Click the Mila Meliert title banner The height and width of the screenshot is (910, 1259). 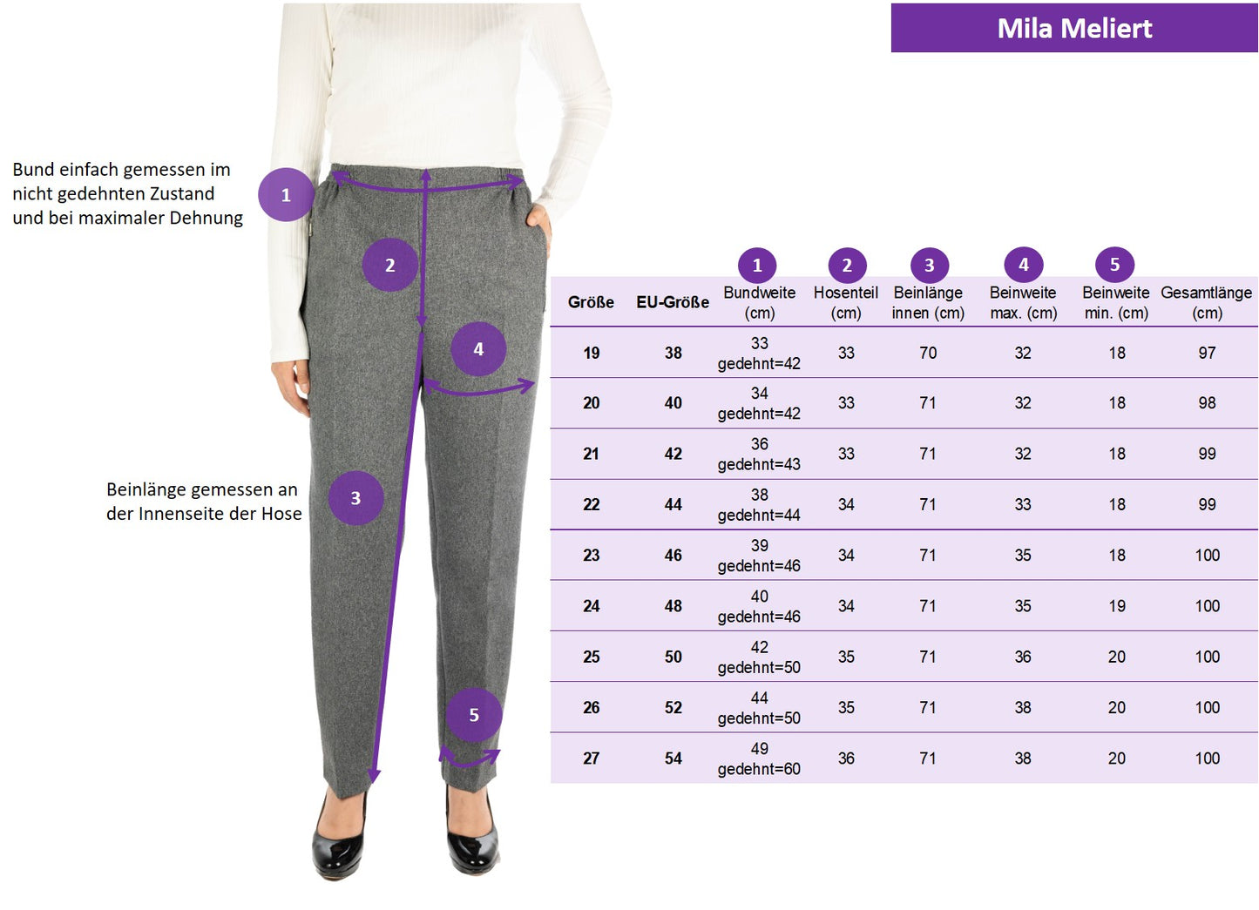[1074, 28]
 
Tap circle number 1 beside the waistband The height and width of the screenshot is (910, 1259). [286, 195]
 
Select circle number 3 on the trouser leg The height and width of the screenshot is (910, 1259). [355, 498]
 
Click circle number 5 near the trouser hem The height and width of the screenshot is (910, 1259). [474, 715]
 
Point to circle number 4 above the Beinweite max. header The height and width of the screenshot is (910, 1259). [1024, 265]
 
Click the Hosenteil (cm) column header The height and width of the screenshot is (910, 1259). [846, 302]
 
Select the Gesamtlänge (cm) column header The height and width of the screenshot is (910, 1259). [1207, 302]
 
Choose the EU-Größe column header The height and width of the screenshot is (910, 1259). [673, 302]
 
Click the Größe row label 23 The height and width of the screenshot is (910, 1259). [592, 555]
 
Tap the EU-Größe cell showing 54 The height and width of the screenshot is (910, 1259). [673, 758]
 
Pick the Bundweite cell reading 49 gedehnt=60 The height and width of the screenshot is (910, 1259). [760, 758]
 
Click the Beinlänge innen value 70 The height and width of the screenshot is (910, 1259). [928, 353]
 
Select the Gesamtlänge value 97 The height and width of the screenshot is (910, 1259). [1208, 353]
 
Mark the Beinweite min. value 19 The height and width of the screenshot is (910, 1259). [1117, 606]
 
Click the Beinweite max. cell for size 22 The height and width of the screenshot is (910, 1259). [1023, 504]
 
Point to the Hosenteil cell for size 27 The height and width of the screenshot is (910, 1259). [847, 758]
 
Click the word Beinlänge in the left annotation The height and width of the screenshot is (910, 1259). [140, 489]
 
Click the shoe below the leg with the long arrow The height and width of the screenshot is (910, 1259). [339, 834]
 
